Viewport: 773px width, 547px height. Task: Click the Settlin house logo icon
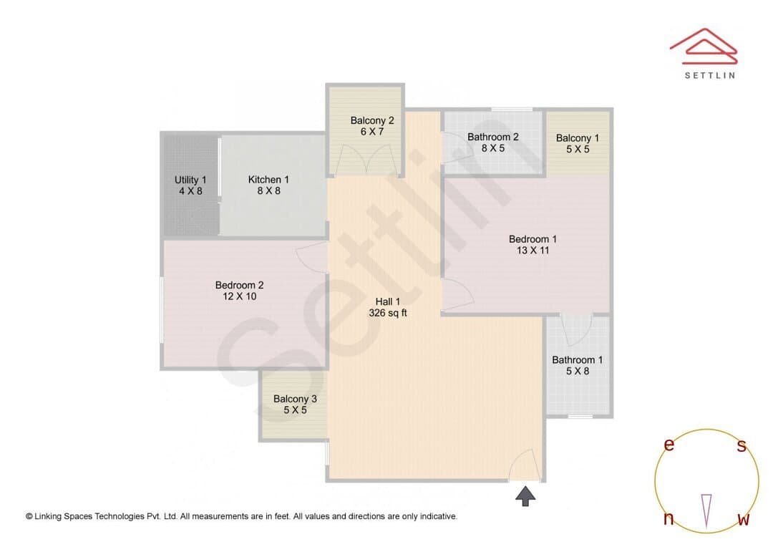pos(704,47)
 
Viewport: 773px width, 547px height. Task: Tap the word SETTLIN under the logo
pos(710,75)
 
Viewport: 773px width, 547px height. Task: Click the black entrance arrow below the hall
pos(525,496)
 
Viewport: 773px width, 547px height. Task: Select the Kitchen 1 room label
pos(268,180)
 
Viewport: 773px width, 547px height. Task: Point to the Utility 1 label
pos(190,180)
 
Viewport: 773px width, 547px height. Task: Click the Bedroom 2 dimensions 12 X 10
pos(240,296)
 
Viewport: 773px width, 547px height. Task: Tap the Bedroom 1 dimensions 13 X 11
pos(533,251)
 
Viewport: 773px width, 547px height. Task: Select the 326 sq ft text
pos(388,313)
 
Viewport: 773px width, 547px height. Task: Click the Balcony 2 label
pos(372,120)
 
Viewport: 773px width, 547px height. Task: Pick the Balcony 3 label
pos(296,399)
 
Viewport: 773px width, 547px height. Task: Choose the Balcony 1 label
pos(578,138)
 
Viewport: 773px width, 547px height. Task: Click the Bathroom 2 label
pos(493,137)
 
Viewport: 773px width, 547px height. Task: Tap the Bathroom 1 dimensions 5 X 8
pos(578,372)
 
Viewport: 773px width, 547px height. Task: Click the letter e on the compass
pos(669,445)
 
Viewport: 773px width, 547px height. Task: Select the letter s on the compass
pos(742,445)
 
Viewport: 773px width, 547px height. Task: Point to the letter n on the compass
pos(669,518)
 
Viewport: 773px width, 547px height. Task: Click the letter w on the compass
pos(744,519)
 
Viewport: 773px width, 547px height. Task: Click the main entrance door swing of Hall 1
pos(522,465)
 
